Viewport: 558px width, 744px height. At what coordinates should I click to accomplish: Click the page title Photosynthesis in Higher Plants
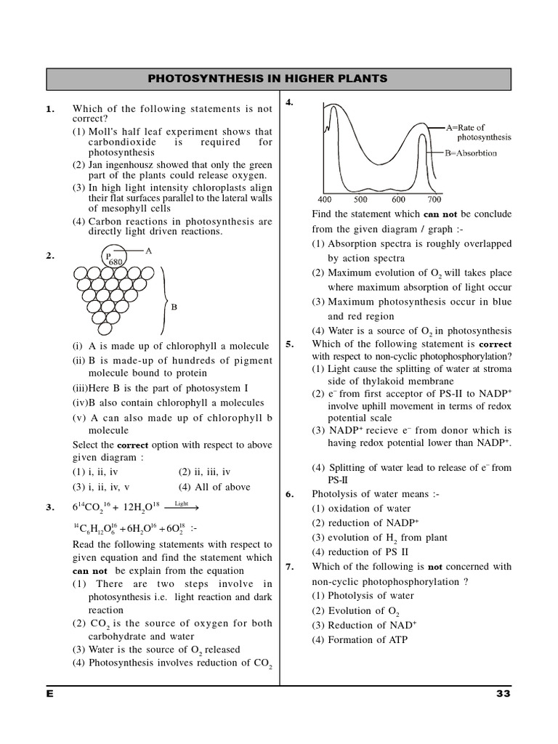[x=278, y=78]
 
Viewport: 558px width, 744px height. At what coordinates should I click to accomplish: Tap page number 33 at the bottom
[x=504, y=693]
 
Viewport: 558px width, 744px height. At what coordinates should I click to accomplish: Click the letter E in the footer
[x=50, y=693]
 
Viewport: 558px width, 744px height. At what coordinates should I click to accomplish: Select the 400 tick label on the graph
[x=325, y=199]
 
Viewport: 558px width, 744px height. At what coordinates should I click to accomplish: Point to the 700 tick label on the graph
[x=434, y=199]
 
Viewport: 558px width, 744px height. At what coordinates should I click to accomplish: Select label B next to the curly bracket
[x=174, y=307]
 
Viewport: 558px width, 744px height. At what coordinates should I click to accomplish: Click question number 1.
[x=50, y=109]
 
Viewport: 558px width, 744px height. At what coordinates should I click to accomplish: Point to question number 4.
[x=289, y=102]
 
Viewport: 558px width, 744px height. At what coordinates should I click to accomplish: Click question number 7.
[x=289, y=567]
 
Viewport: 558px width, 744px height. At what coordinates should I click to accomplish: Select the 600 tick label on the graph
[x=398, y=199]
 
